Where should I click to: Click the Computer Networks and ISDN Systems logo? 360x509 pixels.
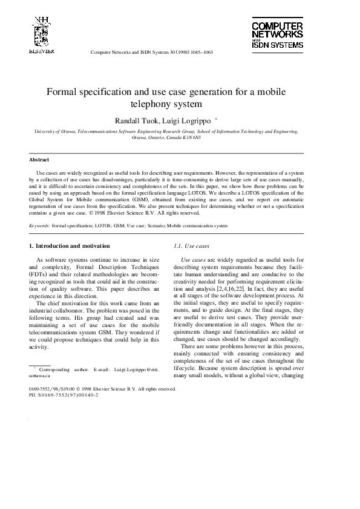(x=277, y=36)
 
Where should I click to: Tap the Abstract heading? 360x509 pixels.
(x=39, y=160)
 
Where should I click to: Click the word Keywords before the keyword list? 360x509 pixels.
(x=39, y=225)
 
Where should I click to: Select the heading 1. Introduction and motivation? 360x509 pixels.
(x=70, y=246)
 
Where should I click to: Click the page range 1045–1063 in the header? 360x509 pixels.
(x=200, y=52)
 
